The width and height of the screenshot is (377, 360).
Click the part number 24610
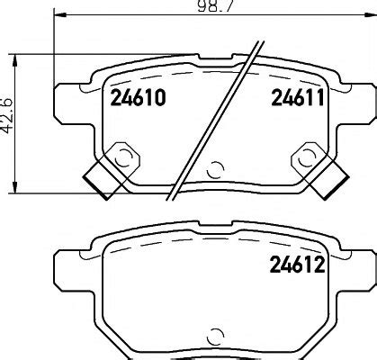point(138,98)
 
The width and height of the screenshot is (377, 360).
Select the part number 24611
point(298,97)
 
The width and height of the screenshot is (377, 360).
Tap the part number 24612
point(297,265)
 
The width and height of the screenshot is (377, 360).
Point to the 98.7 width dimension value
point(215,6)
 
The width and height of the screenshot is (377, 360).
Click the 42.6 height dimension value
point(6,115)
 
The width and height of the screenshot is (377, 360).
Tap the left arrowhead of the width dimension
point(59,14)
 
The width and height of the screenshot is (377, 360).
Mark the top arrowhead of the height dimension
point(14,60)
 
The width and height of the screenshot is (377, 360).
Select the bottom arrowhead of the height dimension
point(14,187)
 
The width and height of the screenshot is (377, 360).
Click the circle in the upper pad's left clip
point(123,157)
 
